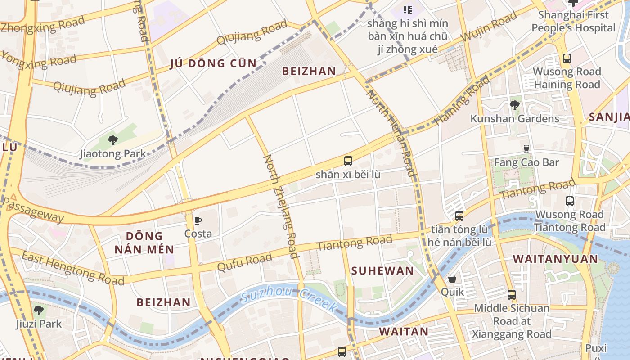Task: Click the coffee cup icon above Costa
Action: [198, 220]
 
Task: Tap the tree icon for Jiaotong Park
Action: [113, 140]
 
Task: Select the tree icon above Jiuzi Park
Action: [39, 310]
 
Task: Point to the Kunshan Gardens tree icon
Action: [515, 105]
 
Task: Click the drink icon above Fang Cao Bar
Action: [526, 148]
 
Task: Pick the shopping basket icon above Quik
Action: [452, 279]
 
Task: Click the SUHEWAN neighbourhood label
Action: [382, 270]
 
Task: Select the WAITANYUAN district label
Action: [556, 259]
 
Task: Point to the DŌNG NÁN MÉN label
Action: [144, 243]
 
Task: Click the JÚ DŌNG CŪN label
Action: [213, 63]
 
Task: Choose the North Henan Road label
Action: [391, 133]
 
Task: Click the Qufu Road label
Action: [244, 261]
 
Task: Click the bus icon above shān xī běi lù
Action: [348, 161]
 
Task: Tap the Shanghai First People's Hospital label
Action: [573, 21]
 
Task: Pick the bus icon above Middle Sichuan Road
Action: [512, 295]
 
